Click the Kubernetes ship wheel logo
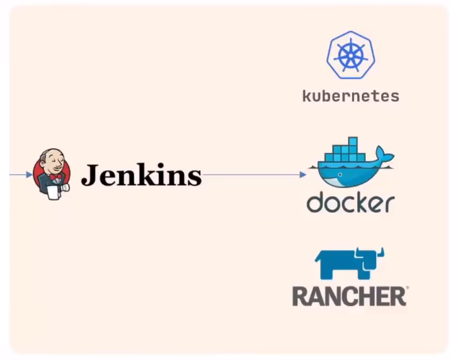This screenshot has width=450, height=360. pos(351,55)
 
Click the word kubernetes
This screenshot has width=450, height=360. pos(351,96)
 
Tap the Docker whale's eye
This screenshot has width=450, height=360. pos(340,175)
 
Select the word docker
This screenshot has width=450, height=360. pos(351,202)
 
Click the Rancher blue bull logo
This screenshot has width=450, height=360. pos(349,263)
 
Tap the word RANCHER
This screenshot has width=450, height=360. pos(349,296)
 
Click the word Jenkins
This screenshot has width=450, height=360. pos(142,175)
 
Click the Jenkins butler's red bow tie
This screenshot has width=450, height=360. pos(55,177)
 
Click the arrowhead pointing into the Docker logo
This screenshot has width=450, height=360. pos(303,175)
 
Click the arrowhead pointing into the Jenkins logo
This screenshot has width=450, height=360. pos(29,175)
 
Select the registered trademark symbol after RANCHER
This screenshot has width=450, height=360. pos(407,288)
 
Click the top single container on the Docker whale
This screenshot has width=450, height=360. pos(353,141)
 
